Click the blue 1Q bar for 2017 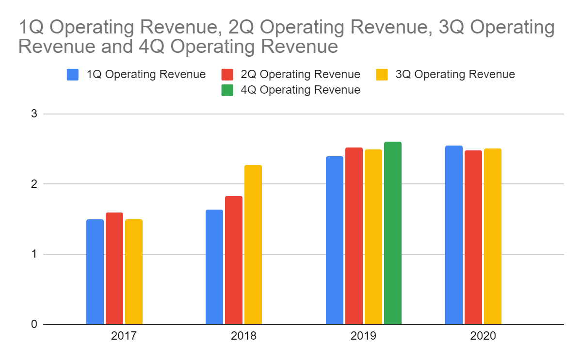point(95,272)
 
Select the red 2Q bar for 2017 point(114,268)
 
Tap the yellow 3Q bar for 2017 point(134,272)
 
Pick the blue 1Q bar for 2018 point(214,267)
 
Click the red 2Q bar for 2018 point(234,260)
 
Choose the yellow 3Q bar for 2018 point(253,245)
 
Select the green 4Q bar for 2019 point(393,233)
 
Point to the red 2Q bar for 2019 point(354,236)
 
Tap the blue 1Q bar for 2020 point(454,235)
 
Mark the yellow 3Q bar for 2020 point(493,236)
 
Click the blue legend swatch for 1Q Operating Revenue point(73,74)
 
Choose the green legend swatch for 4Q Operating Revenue point(227,90)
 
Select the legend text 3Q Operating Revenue point(454,74)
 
